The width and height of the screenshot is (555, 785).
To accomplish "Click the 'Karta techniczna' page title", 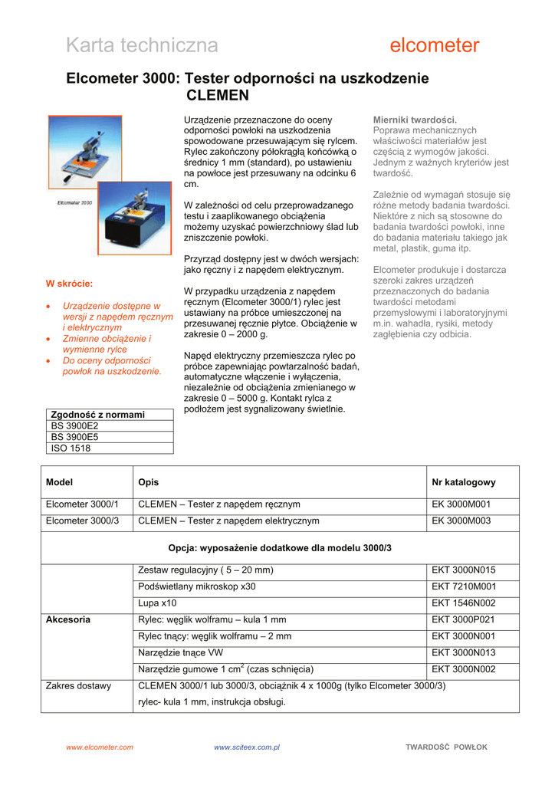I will tap(142, 46).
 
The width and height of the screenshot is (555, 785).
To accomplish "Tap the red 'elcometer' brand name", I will tap(435, 46).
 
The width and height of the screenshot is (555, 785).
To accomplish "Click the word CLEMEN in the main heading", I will tap(218, 96).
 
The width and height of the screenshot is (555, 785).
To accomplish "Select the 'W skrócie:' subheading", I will tap(70, 284).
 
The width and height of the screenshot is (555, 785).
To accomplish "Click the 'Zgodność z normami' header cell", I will tap(98, 415).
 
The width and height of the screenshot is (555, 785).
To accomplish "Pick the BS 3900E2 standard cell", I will tap(75, 425).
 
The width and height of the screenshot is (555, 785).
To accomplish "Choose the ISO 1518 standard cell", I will tap(71, 448).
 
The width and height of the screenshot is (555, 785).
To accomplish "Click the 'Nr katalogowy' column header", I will tap(464, 482).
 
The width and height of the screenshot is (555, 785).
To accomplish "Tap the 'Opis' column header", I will tap(148, 482).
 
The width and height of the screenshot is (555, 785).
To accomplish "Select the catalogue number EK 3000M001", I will tap(461, 504).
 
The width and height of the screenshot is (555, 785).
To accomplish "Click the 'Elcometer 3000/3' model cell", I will tap(83, 521).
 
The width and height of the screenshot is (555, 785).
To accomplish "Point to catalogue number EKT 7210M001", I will tap(464, 586).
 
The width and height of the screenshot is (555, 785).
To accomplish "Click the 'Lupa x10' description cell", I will tap(157, 603).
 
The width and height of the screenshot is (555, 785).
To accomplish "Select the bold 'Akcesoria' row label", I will tap(68, 619).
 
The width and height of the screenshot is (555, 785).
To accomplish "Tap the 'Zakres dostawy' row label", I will tap(78, 686).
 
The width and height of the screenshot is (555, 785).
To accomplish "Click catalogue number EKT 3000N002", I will tap(464, 669).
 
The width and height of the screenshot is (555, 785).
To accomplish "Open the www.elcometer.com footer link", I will tap(99, 747).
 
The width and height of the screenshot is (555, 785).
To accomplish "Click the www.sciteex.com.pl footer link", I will tap(247, 747).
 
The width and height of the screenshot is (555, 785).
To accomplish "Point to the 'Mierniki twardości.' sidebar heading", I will tap(415, 120).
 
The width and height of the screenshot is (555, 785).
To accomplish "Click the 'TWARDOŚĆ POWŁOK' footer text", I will tap(446, 747).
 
